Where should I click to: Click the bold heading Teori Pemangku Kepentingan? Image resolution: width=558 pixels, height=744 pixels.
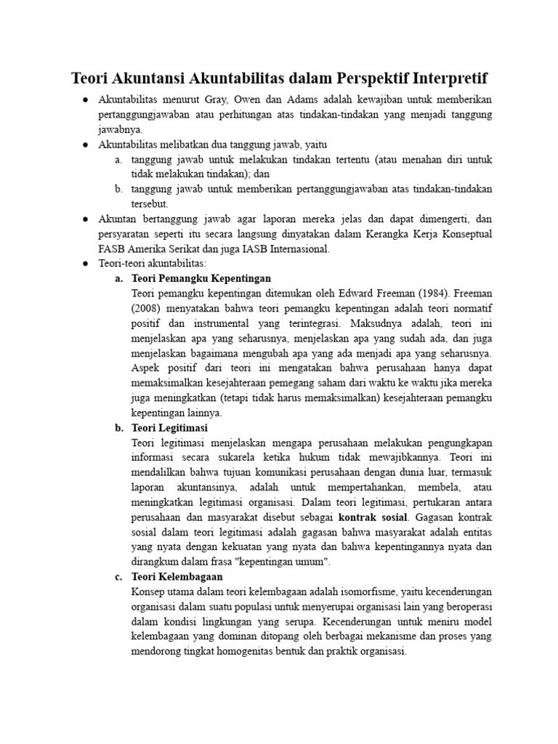tap(201, 278)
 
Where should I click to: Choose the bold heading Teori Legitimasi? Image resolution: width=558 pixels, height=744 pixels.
tap(169, 428)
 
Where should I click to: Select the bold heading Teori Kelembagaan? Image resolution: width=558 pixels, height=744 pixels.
tap(177, 577)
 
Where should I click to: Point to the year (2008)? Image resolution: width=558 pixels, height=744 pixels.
tap(149, 309)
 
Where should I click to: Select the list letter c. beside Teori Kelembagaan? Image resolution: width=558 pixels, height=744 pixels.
tap(118, 577)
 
